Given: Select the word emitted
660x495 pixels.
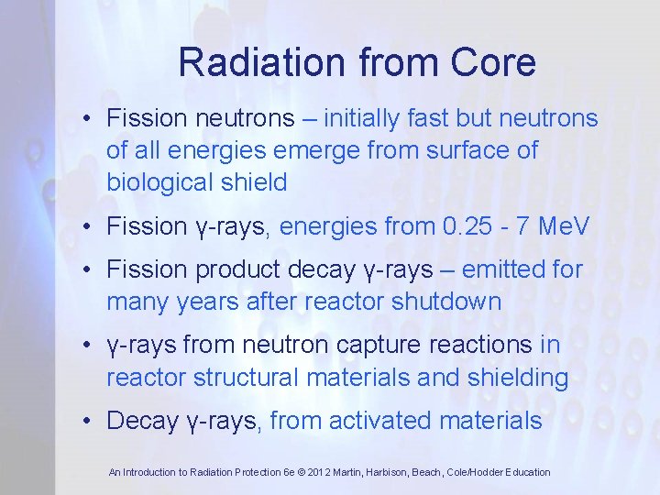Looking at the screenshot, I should (x=506, y=269).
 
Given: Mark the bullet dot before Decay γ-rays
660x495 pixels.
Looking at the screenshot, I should (x=84, y=421).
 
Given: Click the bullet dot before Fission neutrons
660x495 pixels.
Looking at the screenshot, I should (x=84, y=118).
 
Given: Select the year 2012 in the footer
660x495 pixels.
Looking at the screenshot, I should (x=336, y=472).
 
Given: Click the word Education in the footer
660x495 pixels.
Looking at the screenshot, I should (x=525, y=472).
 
